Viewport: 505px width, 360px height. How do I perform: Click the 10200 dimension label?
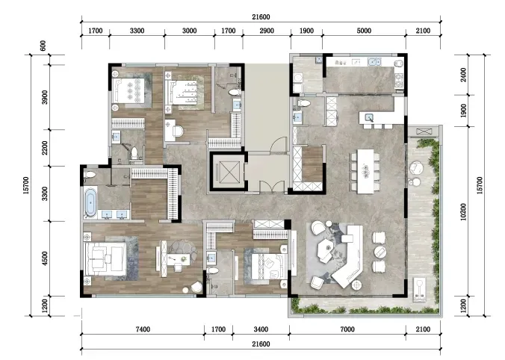point(463,211)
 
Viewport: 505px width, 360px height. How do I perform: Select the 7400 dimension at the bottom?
point(143,329)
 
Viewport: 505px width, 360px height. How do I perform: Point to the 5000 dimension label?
point(364,31)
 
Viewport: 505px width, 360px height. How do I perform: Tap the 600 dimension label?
point(43,46)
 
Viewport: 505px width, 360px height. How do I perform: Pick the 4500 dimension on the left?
point(45,258)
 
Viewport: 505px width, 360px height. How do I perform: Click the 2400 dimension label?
point(463,75)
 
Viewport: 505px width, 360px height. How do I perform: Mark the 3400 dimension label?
point(261,329)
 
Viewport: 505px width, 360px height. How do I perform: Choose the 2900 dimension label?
point(267,31)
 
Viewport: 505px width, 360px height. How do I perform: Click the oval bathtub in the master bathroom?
point(90,202)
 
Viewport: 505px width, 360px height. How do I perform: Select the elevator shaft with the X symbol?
point(229,172)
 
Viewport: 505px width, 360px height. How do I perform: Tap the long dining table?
point(365,171)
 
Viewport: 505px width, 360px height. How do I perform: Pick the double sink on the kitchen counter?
point(374,61)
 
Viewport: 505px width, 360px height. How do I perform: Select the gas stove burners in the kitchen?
point(399,81)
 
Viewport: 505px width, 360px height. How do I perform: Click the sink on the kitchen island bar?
point(369,117)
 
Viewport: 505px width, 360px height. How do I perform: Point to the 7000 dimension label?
point(347,329)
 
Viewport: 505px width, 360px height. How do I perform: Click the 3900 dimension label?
point(45,97)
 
